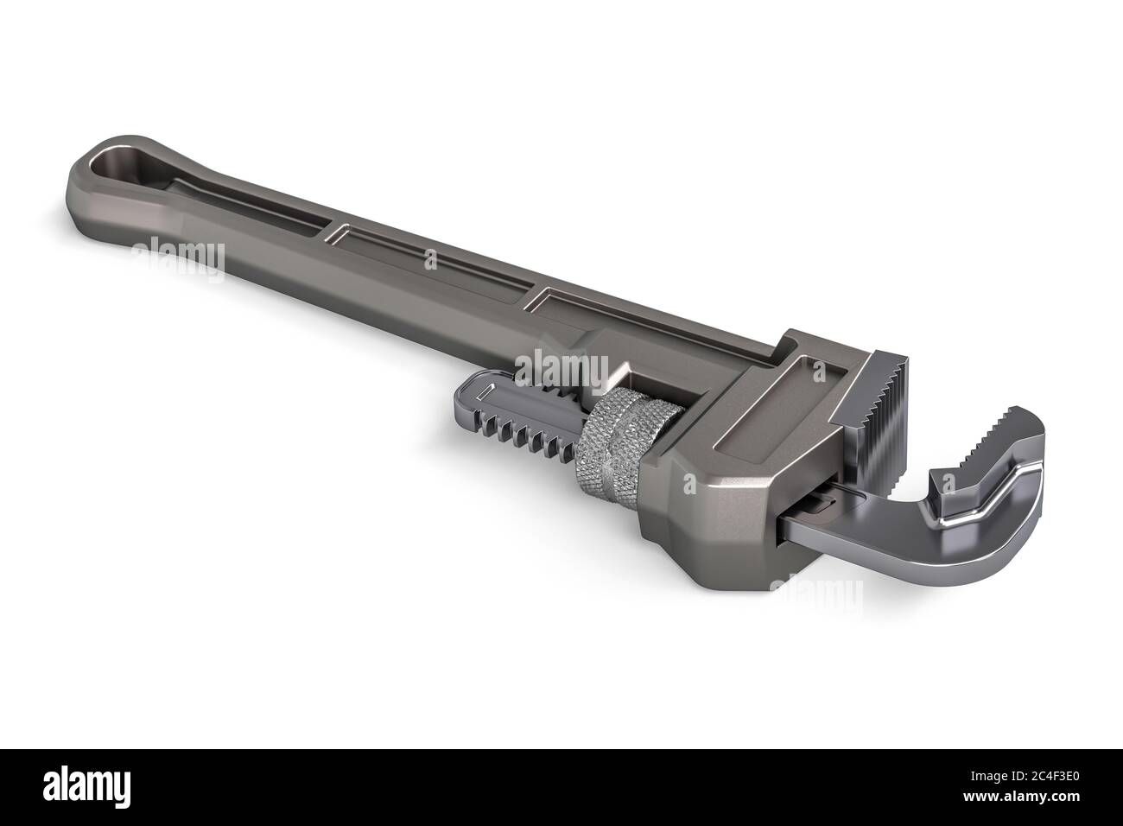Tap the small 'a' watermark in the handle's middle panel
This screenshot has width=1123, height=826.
[429, 258]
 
